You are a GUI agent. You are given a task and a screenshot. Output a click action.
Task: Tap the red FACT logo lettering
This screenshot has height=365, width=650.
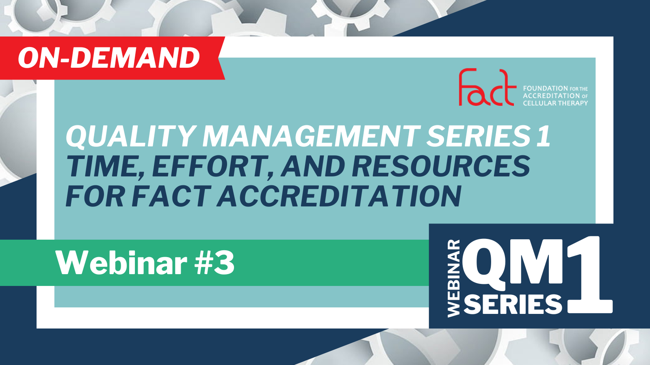coord(487,87)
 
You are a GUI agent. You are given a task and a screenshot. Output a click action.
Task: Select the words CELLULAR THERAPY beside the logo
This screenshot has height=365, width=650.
coord(555,103)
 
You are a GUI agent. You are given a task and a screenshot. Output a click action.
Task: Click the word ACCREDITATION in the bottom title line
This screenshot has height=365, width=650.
coord(339,196)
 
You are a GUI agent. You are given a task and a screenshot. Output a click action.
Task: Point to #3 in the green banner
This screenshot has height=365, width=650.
coord(214,263)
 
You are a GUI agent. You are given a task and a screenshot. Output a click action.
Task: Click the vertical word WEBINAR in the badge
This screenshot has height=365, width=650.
coord(454,278)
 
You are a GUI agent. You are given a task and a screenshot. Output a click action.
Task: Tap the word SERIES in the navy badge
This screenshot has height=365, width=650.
coord(513,304)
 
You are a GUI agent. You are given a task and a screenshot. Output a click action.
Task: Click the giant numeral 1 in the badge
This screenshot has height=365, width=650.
coord(589,275)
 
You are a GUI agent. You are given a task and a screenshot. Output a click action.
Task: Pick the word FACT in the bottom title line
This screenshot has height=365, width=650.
coord(171,196)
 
